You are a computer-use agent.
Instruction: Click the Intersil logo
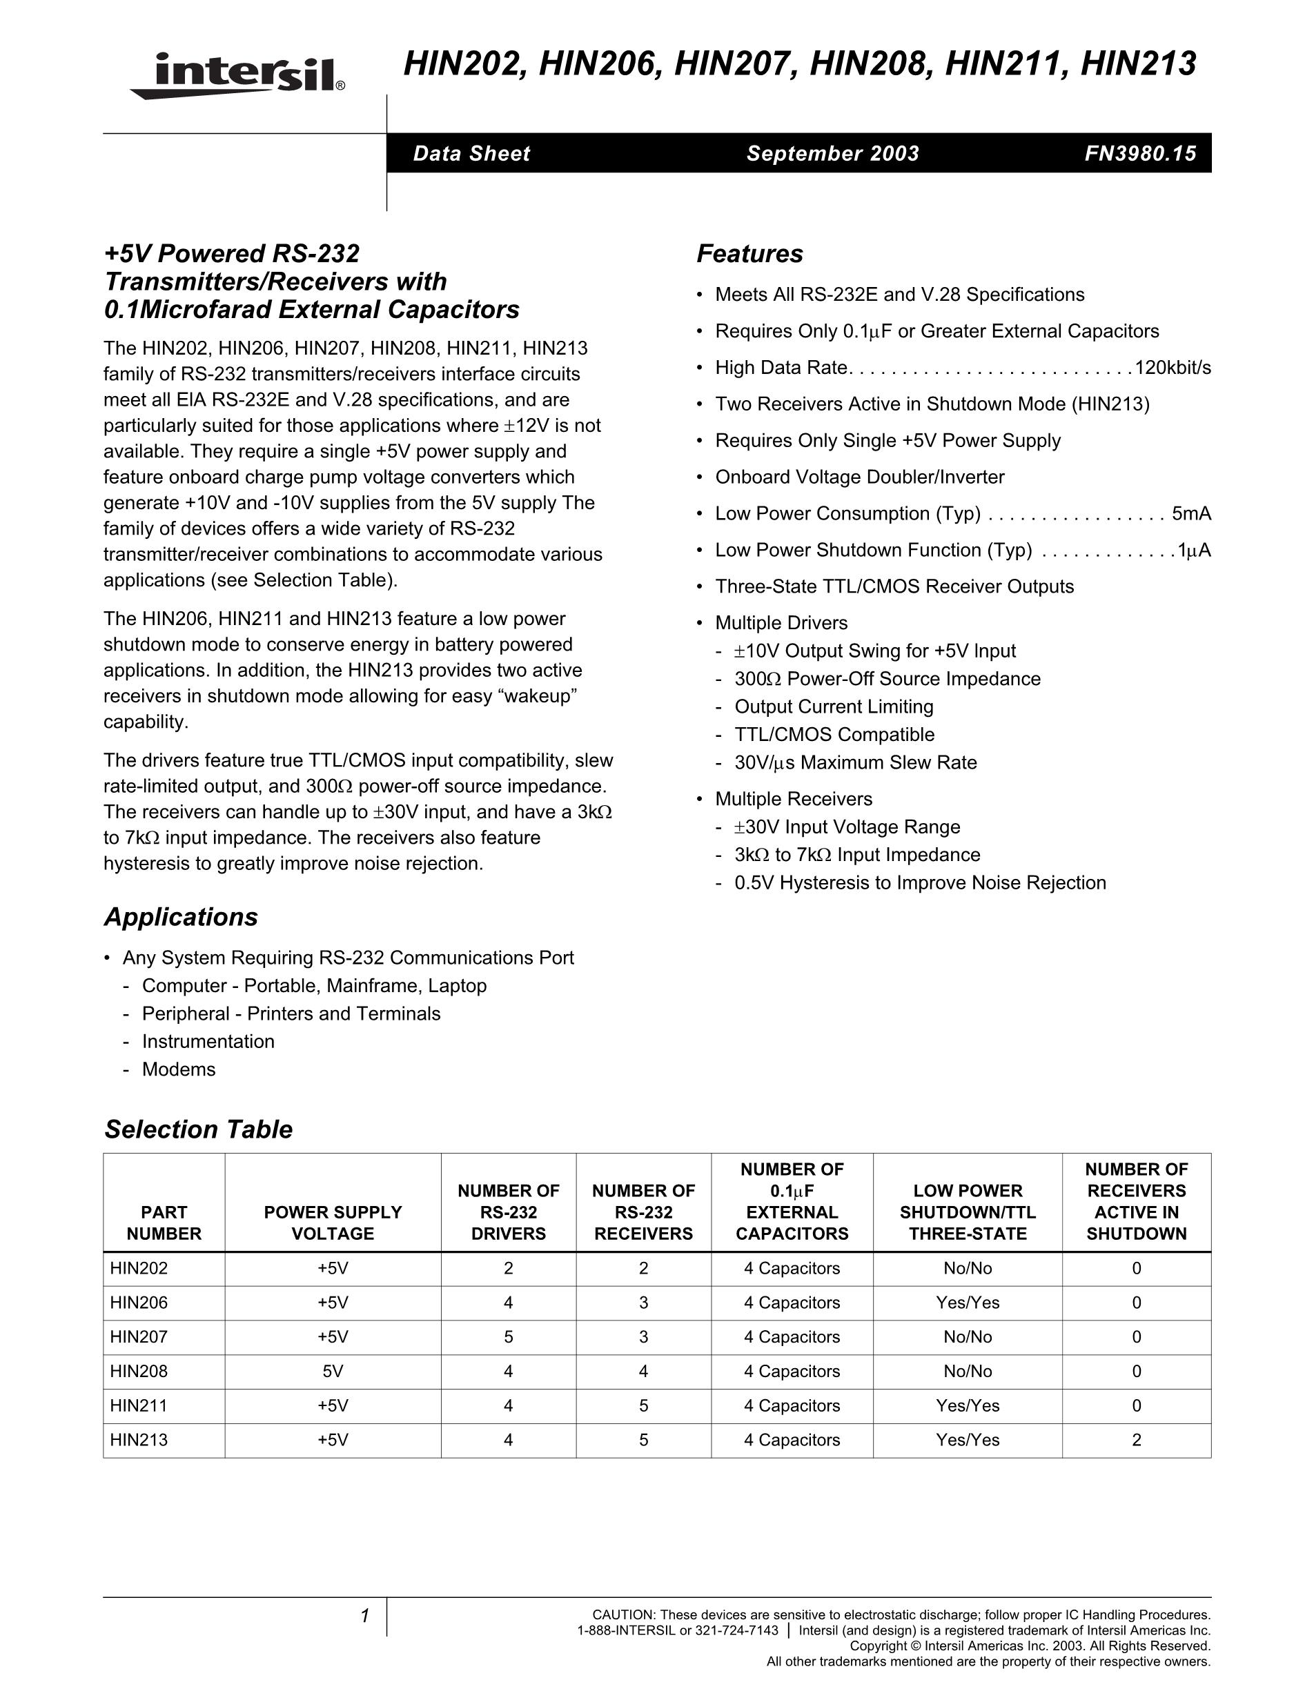(x=237, y=75)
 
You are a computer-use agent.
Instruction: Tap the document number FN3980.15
(x=1139, y=153)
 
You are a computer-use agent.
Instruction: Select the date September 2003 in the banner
(x=832, y=153)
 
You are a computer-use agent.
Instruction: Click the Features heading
(x=749, y=254)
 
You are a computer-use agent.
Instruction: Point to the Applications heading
(x=181, y=917)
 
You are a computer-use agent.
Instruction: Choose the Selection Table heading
(x=199, y=1129)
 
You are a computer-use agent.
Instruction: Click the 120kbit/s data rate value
(x=1173, y=368)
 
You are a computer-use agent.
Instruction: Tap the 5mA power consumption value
(x=1191, y=514)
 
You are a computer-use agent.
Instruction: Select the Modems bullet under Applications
(x=178, y=1069)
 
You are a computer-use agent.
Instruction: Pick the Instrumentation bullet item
(x=208, y=1042)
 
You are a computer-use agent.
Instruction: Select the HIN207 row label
(x=139, y=1337)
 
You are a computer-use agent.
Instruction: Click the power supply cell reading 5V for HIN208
(x=333, y=1372)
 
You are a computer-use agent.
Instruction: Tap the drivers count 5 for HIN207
(x=509, y=1337)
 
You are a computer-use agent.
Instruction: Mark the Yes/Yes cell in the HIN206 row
(x=967, y=1303)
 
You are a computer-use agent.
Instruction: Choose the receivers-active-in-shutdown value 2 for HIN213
(x=1136, y=1440)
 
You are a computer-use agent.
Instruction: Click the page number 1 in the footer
(x=364, y=1617)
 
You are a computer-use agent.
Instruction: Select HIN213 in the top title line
(x=1138, y=64)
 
